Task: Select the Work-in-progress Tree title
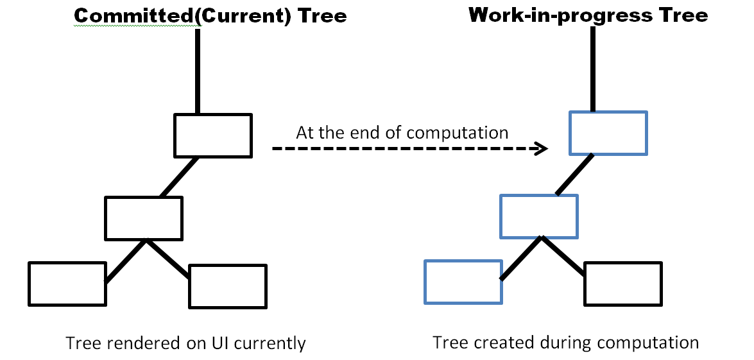click(x=588, y=14)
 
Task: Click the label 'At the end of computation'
click(x=402, y=133)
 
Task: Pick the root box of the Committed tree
click(x=213, y=135)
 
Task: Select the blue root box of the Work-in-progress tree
click(x=608, y=133)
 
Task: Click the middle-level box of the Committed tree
click(x=144, y=218)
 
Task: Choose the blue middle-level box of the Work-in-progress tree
click(x=538, y=216)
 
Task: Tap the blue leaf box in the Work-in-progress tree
click(x=463, y=281)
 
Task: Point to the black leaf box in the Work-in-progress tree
click(x=622, y=283)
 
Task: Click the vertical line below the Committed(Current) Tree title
click(x=198, y=71)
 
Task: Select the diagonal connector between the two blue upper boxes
click(x=574, y=174)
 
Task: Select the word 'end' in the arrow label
click(x=363, y=133)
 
